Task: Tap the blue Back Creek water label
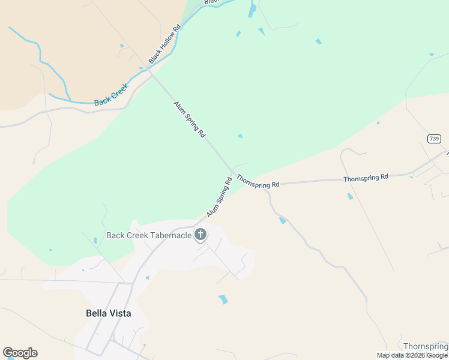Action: tap(112, 95)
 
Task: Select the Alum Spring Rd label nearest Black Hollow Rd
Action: tap(190, 119)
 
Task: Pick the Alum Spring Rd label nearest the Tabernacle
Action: tap(219, 197)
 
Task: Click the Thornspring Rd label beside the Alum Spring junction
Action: tap(258, 181)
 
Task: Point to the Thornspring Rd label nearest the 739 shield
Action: tap(366, 178)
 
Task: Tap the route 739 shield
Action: tap(435, 139)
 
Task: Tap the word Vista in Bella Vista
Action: tap(119, 313)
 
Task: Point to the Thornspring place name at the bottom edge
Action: tap(426, 347)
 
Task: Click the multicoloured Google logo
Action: tap(20, 353)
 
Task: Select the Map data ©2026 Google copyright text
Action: tap(412, 356)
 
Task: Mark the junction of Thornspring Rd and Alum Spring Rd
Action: tap(233, 172)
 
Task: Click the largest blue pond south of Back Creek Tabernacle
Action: tap(223, 299)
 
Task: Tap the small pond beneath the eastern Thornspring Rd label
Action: tap(350, 196)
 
